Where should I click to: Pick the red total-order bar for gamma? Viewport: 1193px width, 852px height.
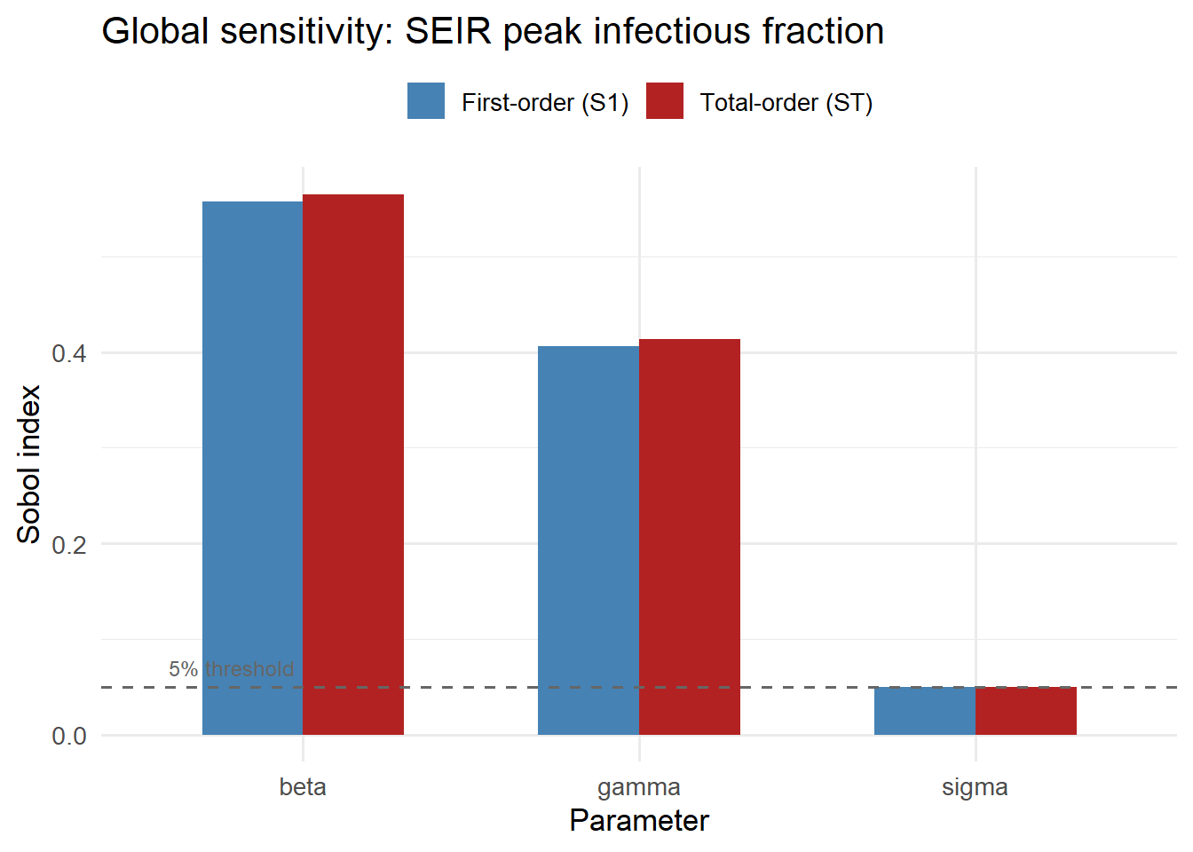click(690, 536)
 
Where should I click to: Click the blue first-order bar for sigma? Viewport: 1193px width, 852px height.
click(924, 711)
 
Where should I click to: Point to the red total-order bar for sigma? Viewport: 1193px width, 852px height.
click(1026, 711)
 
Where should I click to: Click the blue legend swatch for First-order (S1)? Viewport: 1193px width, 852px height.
click(426, 101)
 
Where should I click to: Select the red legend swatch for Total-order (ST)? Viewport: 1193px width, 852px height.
click(665, 101)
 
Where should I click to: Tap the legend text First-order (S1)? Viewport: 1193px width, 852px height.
click(545, 103)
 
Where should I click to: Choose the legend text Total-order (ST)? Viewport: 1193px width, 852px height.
click(786, 103)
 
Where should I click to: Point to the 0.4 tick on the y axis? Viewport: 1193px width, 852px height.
click(69, 353)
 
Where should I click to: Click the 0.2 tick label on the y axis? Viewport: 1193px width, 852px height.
click(69, 544)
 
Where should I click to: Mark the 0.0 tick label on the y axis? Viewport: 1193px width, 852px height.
click(69, 736)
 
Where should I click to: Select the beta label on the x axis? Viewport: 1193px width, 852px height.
click(303, 787)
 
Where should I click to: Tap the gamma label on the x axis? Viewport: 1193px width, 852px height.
click(639, 787)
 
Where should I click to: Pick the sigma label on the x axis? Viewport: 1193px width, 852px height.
click(975, 787)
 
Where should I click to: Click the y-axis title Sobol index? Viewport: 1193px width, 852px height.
click(29, 464)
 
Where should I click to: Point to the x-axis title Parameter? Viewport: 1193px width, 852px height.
click(639, 821)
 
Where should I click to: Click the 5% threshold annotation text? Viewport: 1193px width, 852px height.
click(231, 669)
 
